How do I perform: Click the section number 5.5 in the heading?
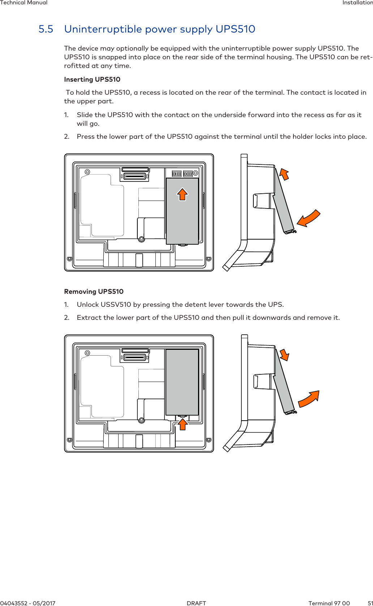pos(46,29)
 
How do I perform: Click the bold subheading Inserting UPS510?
pos(92,79)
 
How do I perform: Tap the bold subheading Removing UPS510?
pos(94,292)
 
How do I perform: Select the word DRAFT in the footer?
pos(196,603)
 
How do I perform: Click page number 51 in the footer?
pos(370,603)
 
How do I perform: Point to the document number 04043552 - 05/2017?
pos(28,603)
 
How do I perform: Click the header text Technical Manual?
pos(24,3)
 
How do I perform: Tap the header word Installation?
pos(357,3)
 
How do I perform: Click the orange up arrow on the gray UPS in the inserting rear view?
pos(182,194)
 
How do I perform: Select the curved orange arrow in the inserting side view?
pos(308,219)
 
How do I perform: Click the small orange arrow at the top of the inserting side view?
pos(284,174)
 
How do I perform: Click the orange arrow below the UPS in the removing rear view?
pos(183,424)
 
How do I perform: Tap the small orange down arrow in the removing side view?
pos(284,354)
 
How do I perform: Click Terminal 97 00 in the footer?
pos(329,603)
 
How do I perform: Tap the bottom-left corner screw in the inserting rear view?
pos(69,259)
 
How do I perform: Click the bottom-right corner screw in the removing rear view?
pos(209,440)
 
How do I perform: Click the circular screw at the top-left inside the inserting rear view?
pos(87,172)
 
